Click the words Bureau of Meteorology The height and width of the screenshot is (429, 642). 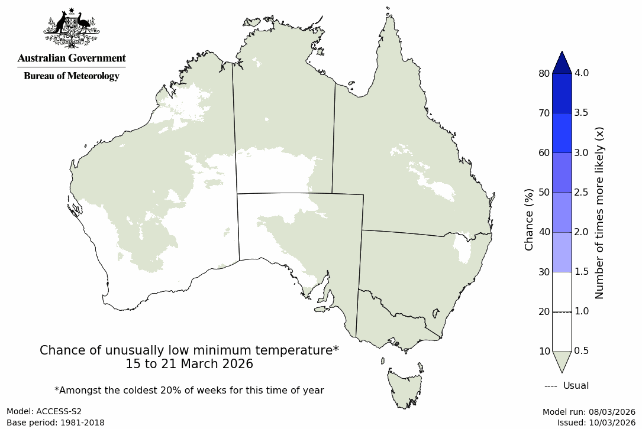click(72, 76)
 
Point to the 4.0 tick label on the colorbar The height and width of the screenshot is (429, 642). click(582, 73)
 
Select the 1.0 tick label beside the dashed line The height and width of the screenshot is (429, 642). click(582, 311)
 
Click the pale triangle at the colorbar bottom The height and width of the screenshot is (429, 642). click(562, 360)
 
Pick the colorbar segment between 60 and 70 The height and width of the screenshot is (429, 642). click(562, 133)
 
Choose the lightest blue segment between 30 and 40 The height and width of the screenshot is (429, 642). click(562, 252)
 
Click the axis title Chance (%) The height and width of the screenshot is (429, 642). click(529, 219)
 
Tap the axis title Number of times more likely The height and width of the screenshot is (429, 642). click(599, 212)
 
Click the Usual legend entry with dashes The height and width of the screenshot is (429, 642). click(566, 386)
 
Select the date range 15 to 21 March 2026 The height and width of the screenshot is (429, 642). click(189, 364)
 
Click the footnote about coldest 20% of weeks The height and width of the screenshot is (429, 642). click(189, 390)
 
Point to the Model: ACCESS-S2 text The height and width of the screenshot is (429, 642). click(44, 411)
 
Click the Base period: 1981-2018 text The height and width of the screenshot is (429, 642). click(56, 422)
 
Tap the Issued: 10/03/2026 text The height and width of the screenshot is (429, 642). click(596, 422)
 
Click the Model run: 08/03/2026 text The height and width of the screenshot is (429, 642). click(589, 411)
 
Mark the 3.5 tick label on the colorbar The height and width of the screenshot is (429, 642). click(582, 113)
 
